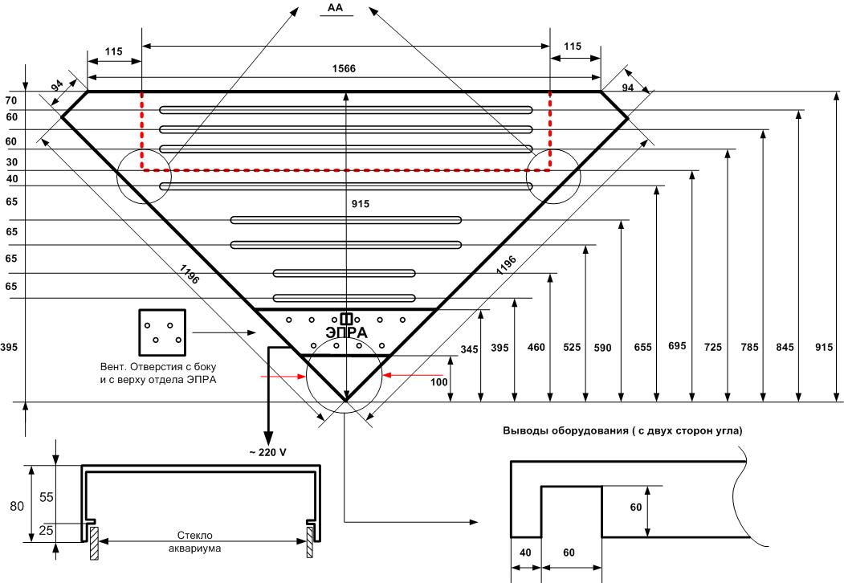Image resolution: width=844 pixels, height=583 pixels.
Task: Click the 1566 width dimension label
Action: (x=344, y=68)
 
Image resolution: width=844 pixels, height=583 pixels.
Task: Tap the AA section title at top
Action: (x=335, y=8)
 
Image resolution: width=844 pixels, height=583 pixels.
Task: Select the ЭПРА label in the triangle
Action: (x=347, y=332)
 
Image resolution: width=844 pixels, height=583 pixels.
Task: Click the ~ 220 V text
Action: (x=267, y=452)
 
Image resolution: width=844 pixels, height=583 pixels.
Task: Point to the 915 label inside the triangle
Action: (x=361, y=204)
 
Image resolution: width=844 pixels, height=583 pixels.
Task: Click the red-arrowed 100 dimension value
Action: (x=439, y=381)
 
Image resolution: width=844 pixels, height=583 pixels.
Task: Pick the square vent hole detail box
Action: (x=162, y=332)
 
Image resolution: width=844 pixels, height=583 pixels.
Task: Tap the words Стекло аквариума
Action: (x=195, y=542)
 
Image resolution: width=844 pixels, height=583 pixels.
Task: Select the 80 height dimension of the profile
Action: (x=17, y=506)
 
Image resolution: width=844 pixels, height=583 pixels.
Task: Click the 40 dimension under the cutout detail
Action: (x=525, y=552)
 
